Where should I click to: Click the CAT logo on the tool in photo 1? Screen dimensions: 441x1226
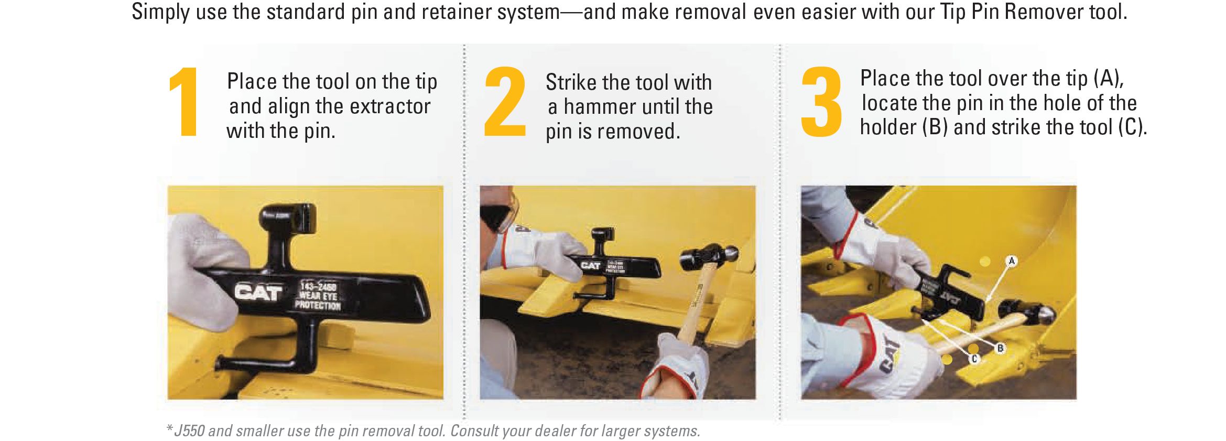258,292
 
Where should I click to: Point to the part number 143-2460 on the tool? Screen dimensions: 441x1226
318,287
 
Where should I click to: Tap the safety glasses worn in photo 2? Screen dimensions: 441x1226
499,214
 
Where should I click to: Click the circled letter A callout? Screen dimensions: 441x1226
1011,261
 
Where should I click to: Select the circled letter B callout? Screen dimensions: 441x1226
1000,348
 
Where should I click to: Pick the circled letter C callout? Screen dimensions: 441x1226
974,359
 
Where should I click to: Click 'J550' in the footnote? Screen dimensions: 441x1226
189,431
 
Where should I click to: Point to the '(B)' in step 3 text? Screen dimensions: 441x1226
935,127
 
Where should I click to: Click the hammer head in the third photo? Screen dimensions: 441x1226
1027,313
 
